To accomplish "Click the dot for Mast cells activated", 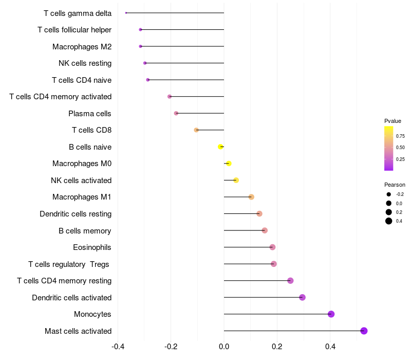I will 364,331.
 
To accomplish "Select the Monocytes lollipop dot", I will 331,314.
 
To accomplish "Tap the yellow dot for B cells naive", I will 220,147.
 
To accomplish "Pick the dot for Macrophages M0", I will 229,164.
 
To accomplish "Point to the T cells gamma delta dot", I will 126,13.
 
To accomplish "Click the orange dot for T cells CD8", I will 196,130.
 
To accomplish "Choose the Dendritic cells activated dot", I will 302,297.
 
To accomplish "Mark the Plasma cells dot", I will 176,113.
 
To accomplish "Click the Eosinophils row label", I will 92,247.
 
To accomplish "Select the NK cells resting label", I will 85,63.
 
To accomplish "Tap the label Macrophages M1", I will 82,197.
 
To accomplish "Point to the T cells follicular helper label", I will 74,30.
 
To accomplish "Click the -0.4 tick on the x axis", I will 118,346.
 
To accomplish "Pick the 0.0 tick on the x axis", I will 224,346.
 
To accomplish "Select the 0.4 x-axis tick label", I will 330,346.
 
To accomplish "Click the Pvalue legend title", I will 393,121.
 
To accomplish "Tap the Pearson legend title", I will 395,185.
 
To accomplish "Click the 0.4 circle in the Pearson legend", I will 389,221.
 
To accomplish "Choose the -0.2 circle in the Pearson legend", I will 389,194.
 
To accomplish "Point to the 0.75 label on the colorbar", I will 400,136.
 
